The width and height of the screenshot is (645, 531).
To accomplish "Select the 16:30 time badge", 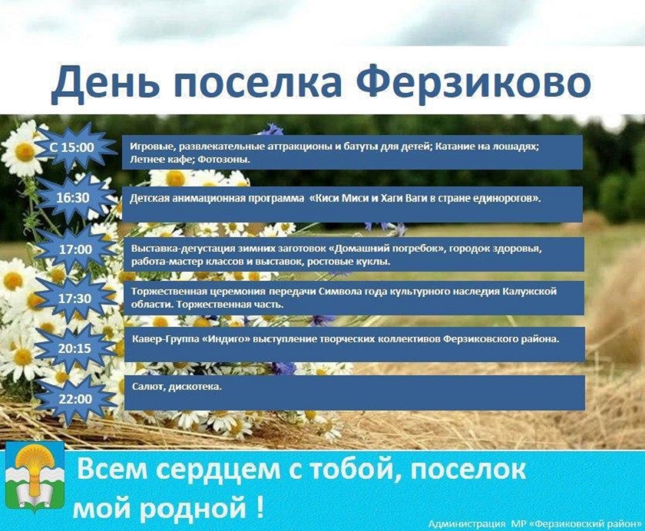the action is (x=73, y=198).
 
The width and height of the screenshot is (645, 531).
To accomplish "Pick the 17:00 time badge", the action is (x=76, y=249).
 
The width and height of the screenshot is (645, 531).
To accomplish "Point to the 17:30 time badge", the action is (x=74, y=298).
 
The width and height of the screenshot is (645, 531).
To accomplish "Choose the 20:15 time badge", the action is (x=74, y=348).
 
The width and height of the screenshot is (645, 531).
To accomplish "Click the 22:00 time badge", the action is (x=75, y=399).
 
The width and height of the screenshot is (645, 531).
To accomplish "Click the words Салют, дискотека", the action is (x=177, y=387).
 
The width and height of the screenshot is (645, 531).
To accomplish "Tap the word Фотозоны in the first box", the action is (x=224, y=160).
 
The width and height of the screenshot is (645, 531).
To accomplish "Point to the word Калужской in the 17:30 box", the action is (x=530, y=292).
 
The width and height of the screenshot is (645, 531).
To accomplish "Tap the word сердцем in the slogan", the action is (x=219, y=470).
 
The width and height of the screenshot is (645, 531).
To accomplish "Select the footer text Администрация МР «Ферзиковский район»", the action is (x=534, y=523).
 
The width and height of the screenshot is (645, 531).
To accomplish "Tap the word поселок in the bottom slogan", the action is (x=468, y=470).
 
